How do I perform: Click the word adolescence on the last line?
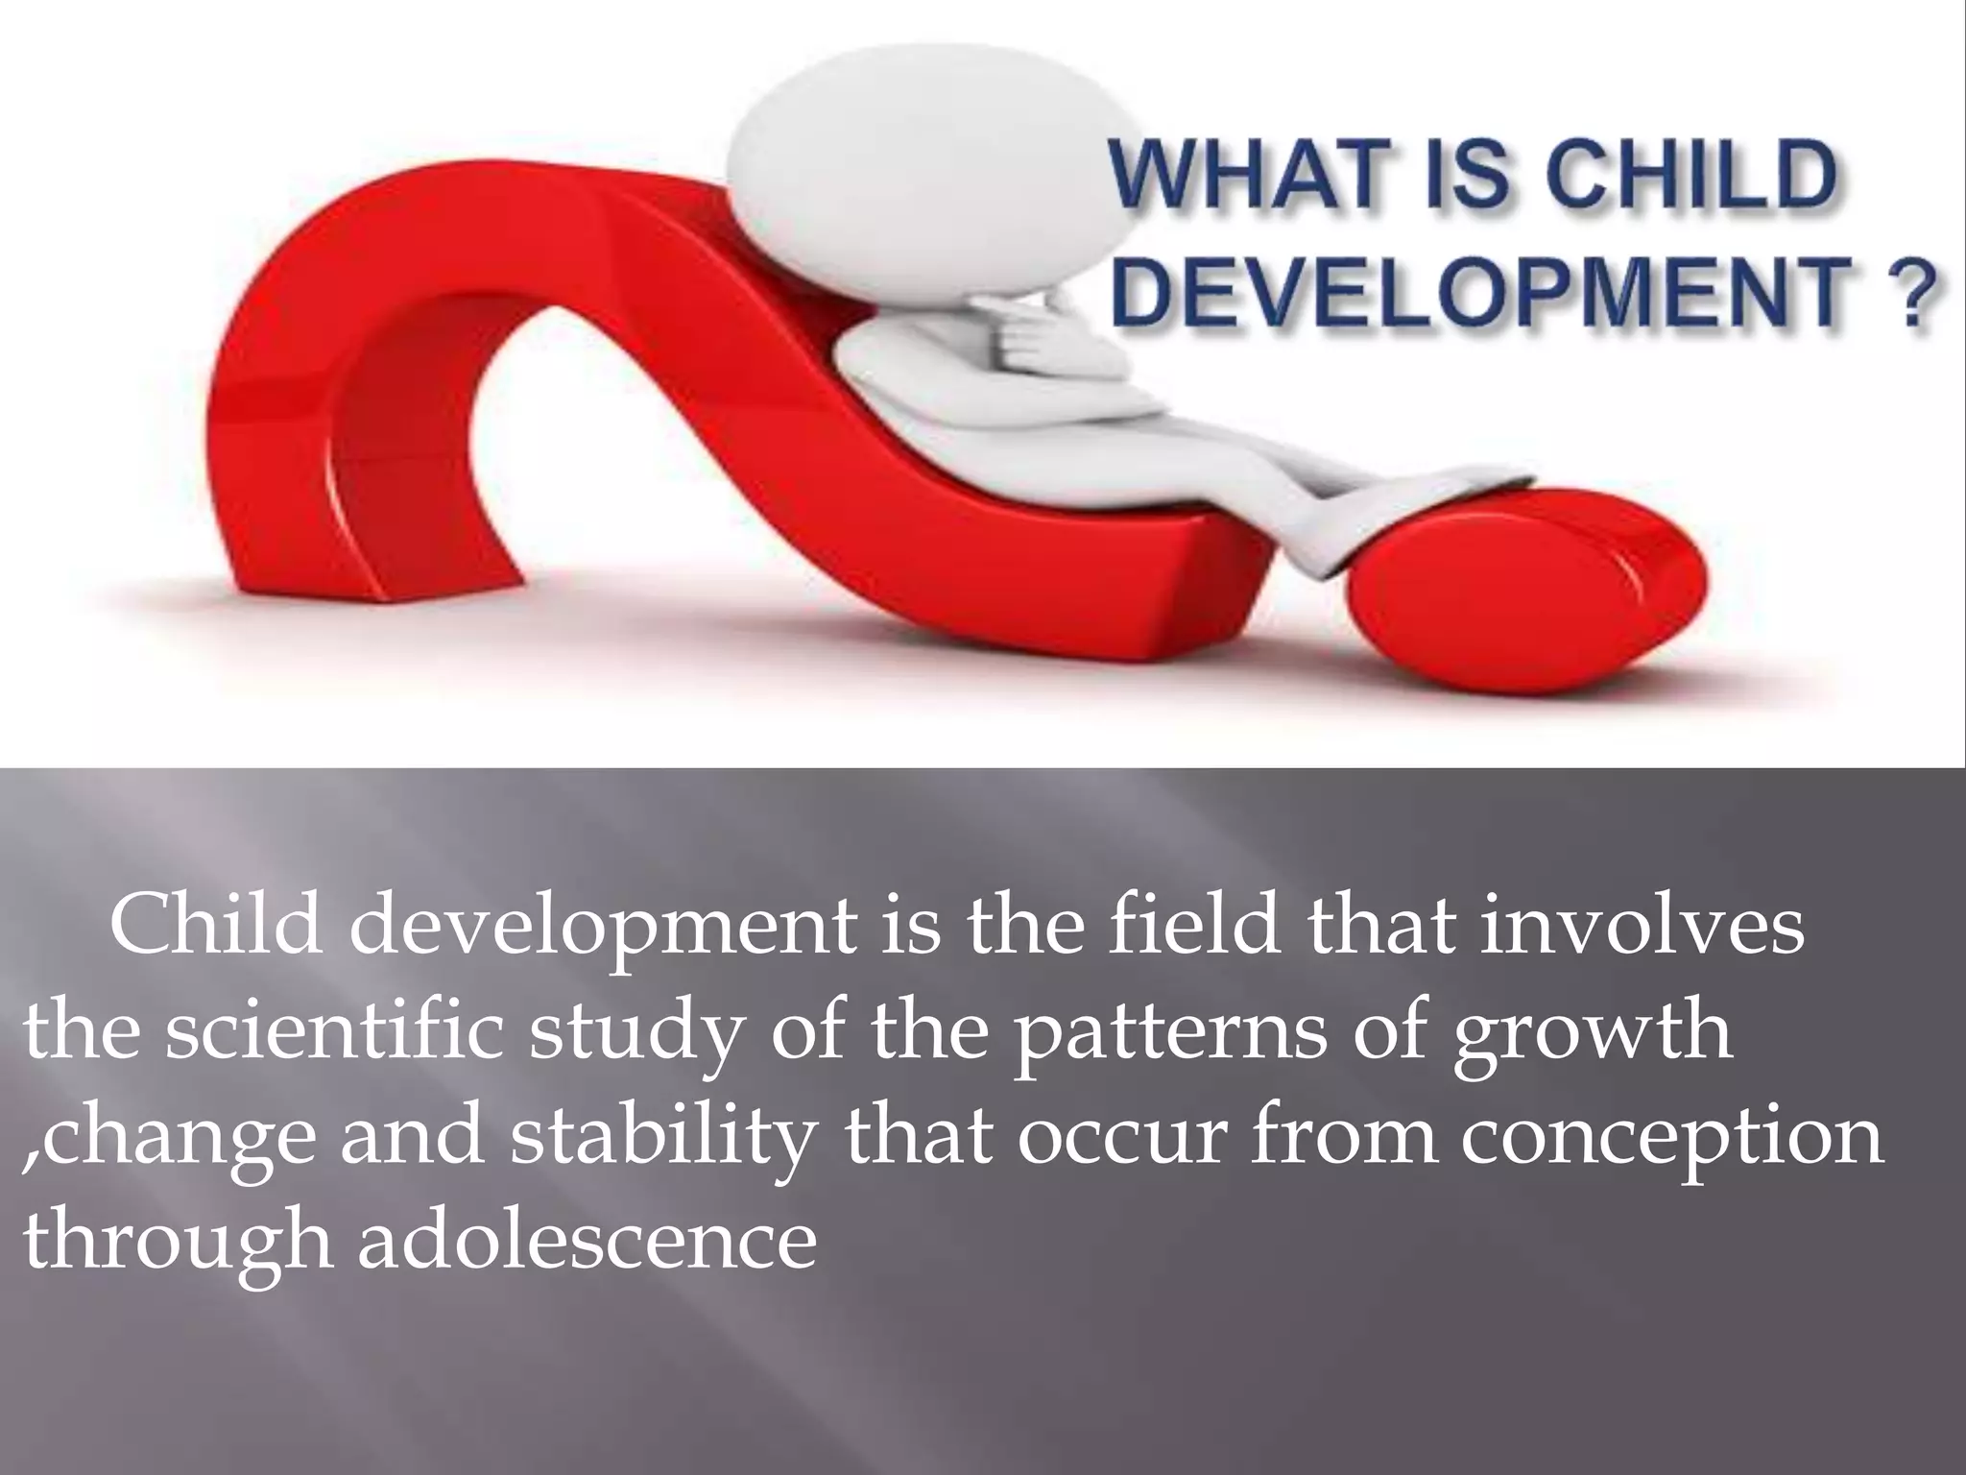[x=587, y=1240]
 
